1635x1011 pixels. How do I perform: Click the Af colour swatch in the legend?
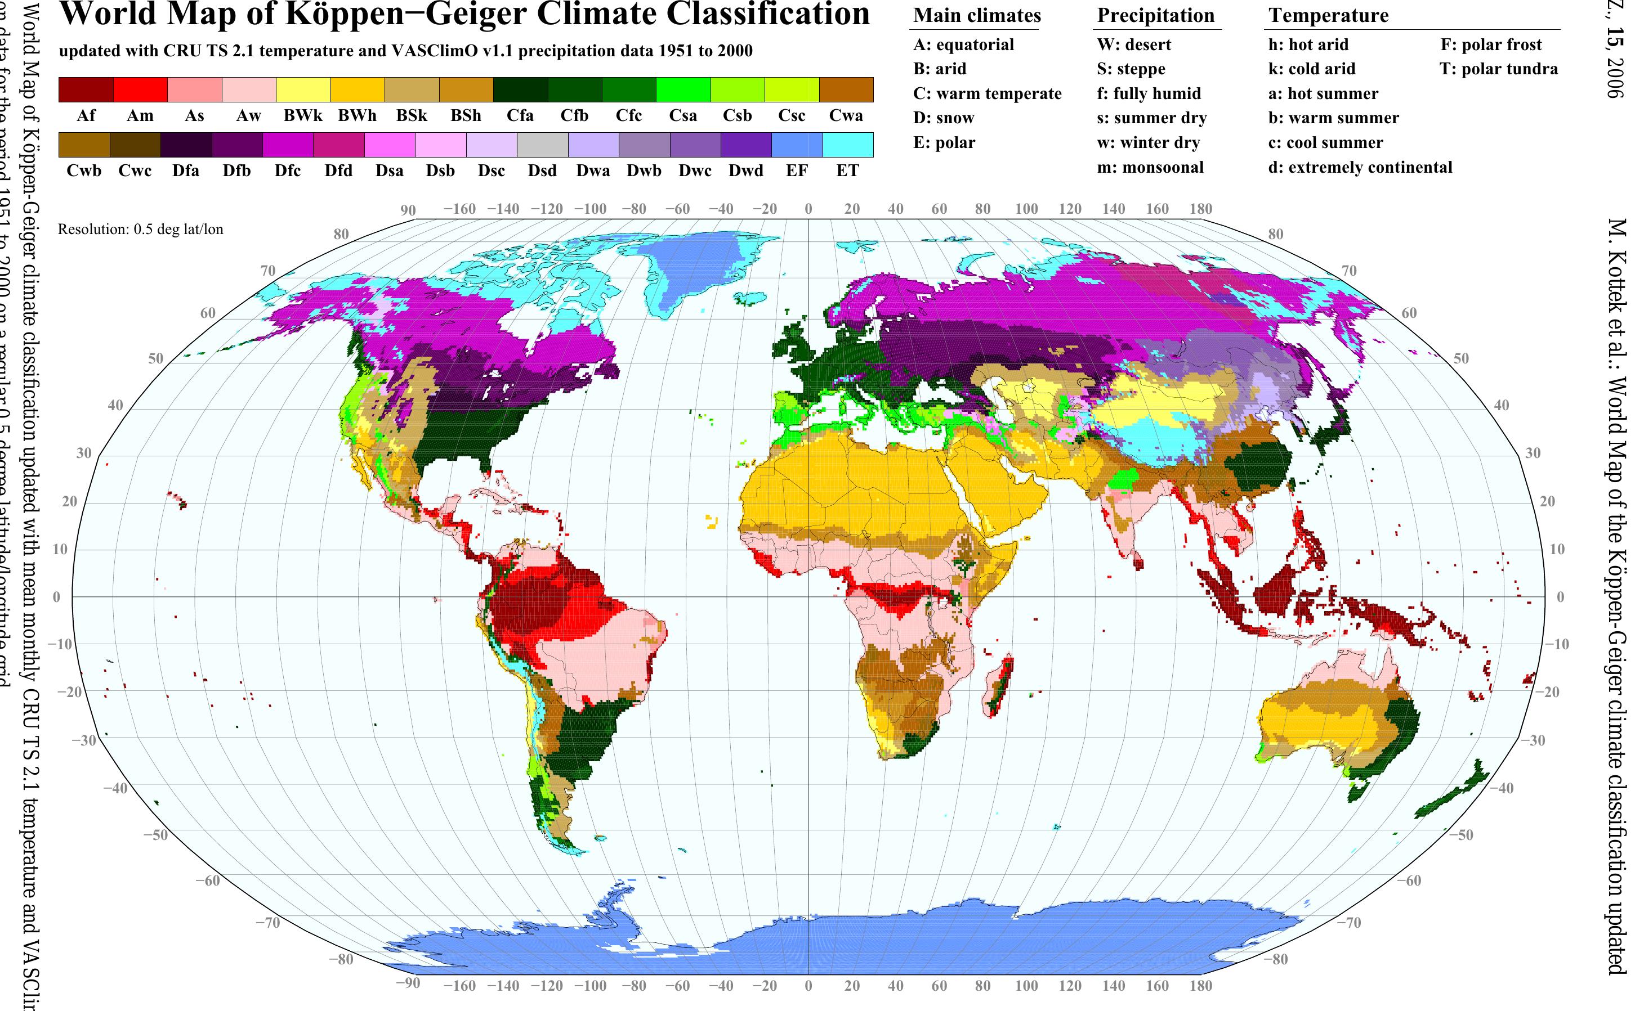click(x=86, y=89)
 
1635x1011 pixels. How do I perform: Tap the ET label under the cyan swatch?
click(x=847, y=170)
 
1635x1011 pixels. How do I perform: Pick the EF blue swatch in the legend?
click(x=796, y=145)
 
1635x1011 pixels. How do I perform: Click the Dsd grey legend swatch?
click(x=542, y=145)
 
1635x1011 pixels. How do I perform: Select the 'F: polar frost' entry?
click(x=1490, y=45)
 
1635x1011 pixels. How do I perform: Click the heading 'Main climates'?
click(x=977, y=15)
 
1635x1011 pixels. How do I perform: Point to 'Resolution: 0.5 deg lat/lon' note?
click(x=141, y=230)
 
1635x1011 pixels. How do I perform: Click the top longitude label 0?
click(x=808, y=209)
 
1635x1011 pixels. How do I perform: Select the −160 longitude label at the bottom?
click(x=459, y=985)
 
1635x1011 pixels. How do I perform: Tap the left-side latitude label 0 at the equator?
click(x=56, y=596)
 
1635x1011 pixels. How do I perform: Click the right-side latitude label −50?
click(x=1464, y=834)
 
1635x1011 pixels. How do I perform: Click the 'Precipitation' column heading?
click(x=1155, y=15)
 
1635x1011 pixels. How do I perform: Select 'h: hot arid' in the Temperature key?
click(x=1308, y=45)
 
